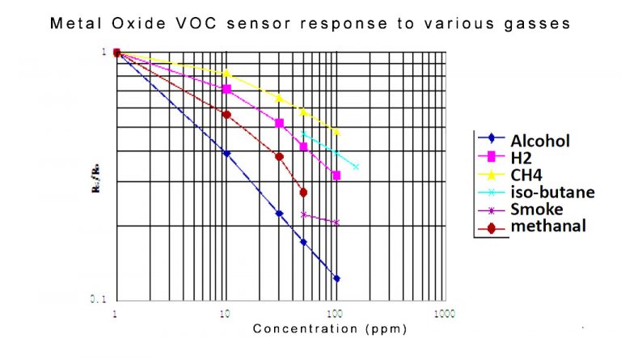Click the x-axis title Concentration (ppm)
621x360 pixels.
click(329, 328)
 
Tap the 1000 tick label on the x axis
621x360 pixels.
click(443, 313)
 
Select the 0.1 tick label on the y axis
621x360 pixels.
click(98, 299)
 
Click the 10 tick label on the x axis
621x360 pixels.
click(226, 313)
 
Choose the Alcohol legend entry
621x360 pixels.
click(539, 141)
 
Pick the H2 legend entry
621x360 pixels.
click(521, 158)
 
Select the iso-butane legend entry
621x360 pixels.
click(552, 192)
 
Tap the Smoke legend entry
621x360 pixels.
click(536, 209)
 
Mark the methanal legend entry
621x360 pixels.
click(547, 226)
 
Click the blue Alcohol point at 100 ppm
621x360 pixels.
click(336, 278)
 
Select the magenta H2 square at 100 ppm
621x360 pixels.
click(336, 176)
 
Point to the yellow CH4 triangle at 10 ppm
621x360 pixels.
click(226, 73)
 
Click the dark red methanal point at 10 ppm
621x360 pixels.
click(226, 115)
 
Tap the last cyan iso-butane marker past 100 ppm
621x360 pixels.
click(356, 167)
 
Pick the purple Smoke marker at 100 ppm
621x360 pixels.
click(336, 222)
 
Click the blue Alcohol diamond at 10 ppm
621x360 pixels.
click(226, 154)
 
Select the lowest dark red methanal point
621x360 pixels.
click(303, 193)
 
